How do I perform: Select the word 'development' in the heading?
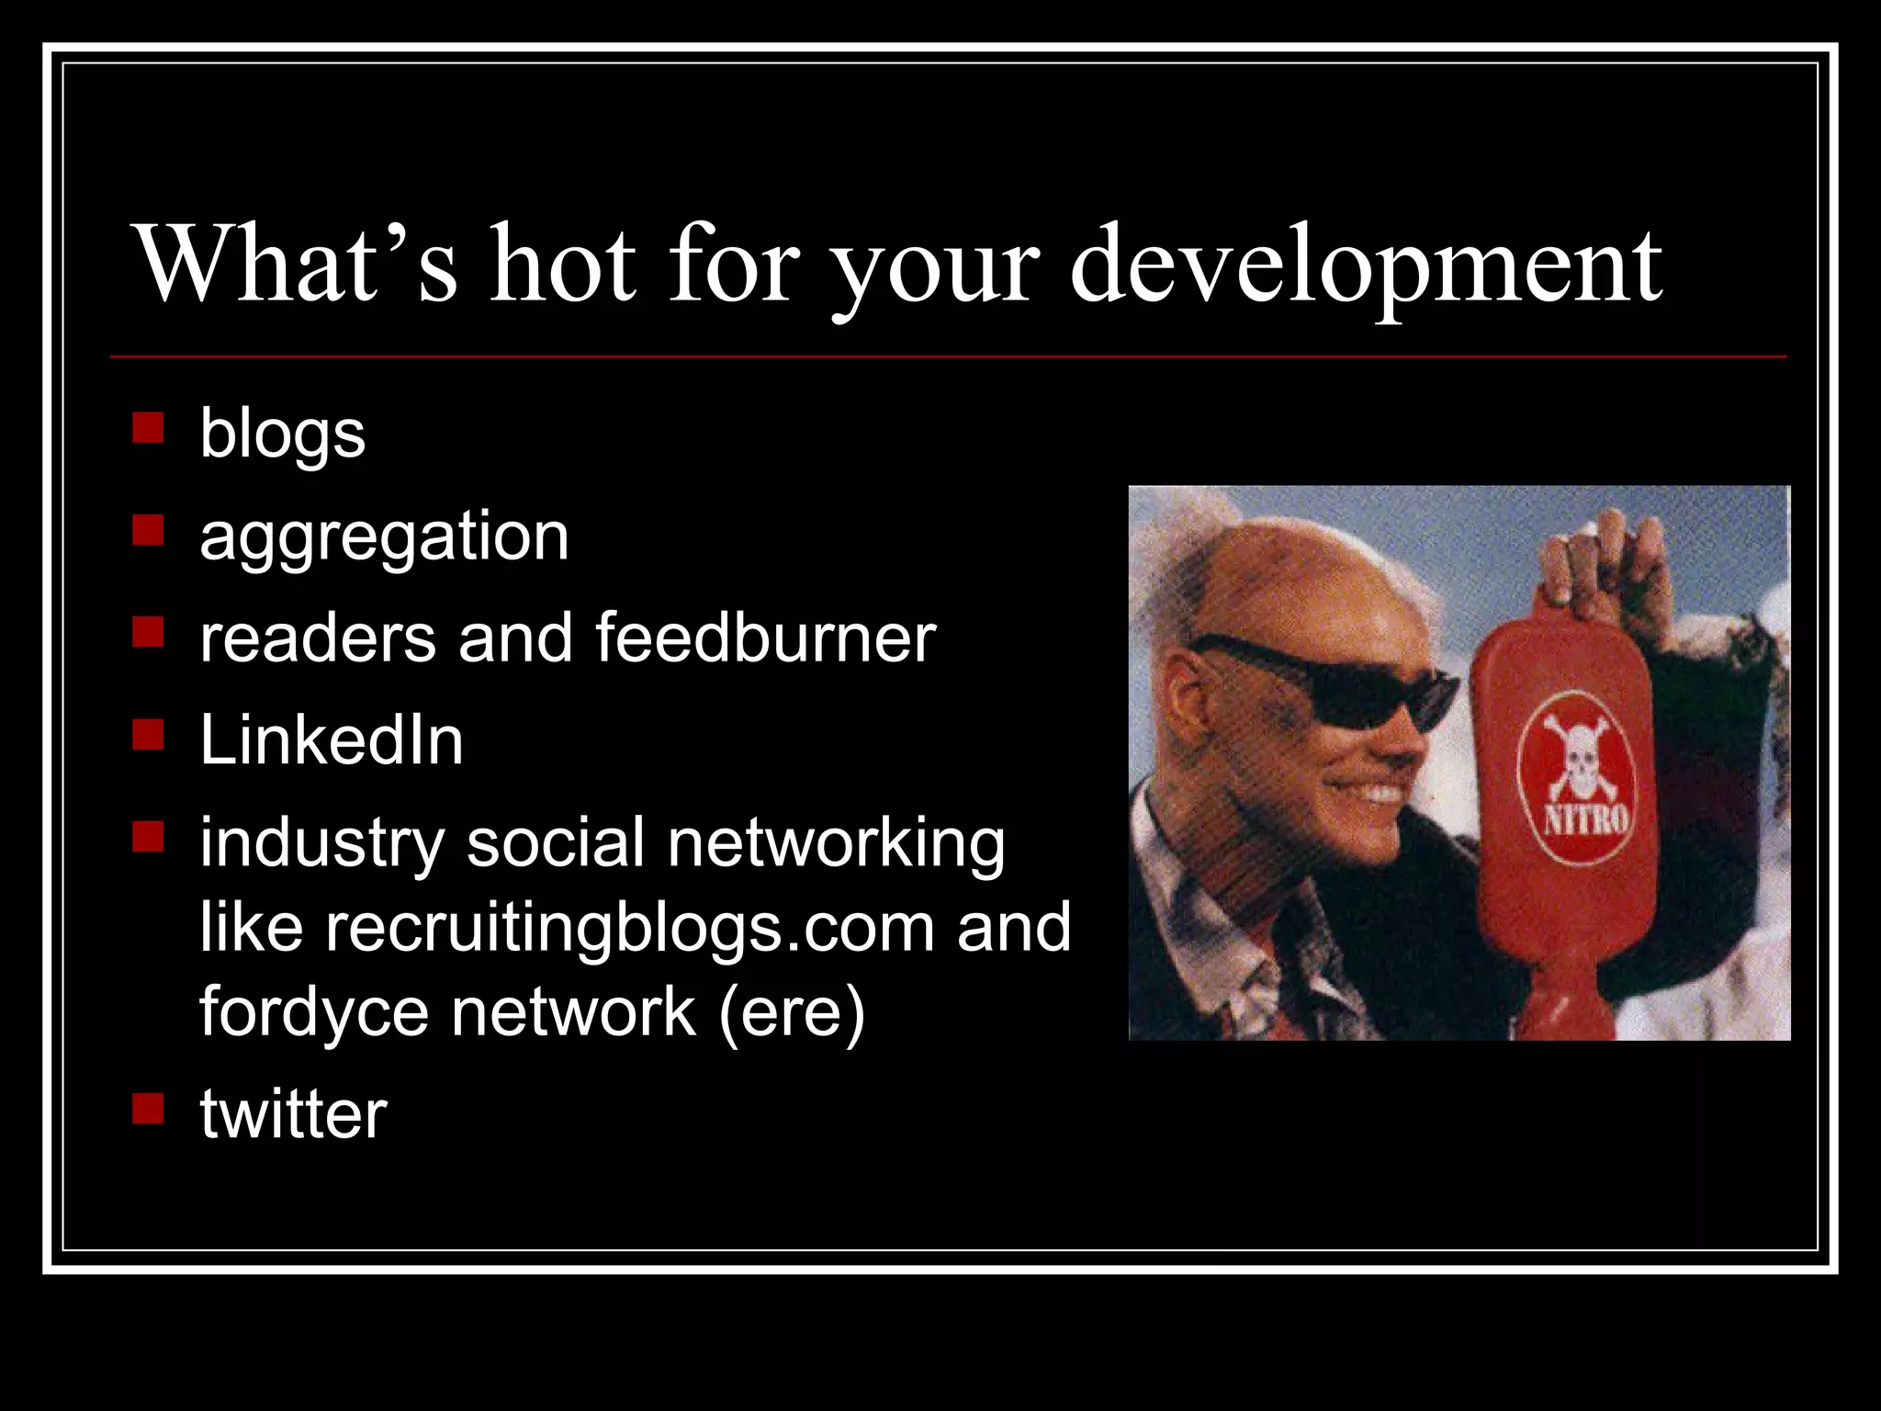pyautogui.click(x=1367, y=266)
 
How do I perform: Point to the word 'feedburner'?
pyautogui.click(x=765, y=638)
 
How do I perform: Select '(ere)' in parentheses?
pyautogui.click(x=792, y=1011)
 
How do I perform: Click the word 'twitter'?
pyautogui.click(x=293, y=1113)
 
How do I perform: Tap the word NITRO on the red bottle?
pyautogui.click(x=1585, y=817)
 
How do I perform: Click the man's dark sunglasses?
pyautogui.click(x=1323, y=680)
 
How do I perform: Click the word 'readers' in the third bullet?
pyautogui.click(x=318, y=638)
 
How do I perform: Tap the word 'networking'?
pyautogui.click(x=836, y=842)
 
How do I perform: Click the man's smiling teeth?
pyautogui.click(x=1378, y=793)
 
